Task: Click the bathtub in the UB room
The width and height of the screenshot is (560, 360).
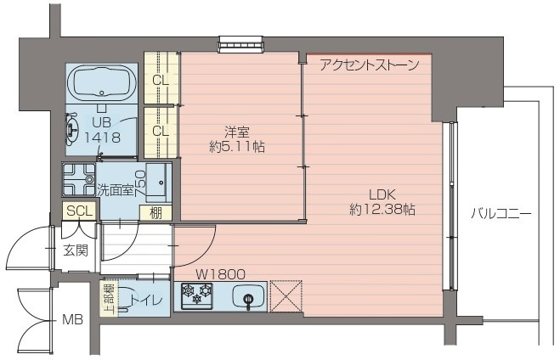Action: pyautogui.click(x=101, y=83)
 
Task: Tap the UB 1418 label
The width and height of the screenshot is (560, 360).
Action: pyautogui.click(x=102, y=130)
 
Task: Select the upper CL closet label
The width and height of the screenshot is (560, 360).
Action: pyautogui.click(x=159, y=81)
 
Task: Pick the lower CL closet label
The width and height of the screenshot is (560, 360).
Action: pyautogui.click(x=159, y=132)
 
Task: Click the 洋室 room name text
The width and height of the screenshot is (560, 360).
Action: pyautogui.click(x=236, y=132)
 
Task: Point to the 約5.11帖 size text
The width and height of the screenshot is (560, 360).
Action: pyautogui.click(x=236, y=146)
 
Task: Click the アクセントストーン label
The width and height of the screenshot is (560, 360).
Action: pyautogui.click(x=369, y=65)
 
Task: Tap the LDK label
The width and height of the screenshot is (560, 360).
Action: pyautogui.click(x=382, y=193)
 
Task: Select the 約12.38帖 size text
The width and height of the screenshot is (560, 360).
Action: pyautogui.click(x=382, y=208)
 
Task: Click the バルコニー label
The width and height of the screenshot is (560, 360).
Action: pyautogui.click(x=501, y=215)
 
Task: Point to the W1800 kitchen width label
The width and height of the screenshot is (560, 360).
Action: pyautogui.click(x=221, y=274)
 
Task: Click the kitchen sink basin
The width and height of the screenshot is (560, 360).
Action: pyautogui.click(x=248, y=298)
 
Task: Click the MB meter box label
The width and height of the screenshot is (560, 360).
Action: pyautogui.click(x=71, y=321)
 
